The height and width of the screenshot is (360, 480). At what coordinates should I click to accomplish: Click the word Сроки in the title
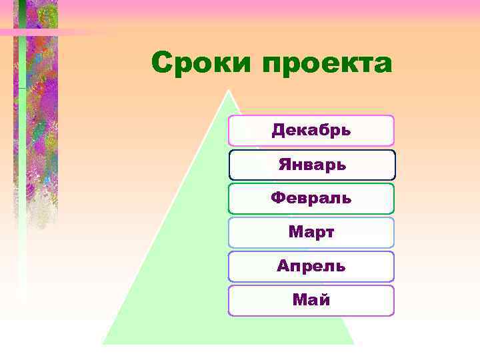coord(202,65)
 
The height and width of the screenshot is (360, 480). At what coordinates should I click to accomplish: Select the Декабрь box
coord(311,130)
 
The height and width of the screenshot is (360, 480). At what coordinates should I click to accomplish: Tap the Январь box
coord(311,165)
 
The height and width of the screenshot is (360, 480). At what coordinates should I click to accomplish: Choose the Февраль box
coord(311,199)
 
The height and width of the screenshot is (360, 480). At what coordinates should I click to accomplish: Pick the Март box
coord(311,233)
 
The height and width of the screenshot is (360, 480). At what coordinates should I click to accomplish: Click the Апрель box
coord(311,267)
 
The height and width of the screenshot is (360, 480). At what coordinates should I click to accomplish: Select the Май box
coord(311,301)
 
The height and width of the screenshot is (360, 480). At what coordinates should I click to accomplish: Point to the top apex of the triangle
coord(229,91)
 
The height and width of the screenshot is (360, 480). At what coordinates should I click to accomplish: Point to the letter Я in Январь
coord(283,165)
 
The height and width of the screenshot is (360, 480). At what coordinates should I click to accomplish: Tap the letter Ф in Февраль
coord(279,199)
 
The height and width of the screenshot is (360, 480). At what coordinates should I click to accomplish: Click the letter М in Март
coord(295,233)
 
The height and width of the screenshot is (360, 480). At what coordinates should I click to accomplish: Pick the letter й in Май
coord(324,300)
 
